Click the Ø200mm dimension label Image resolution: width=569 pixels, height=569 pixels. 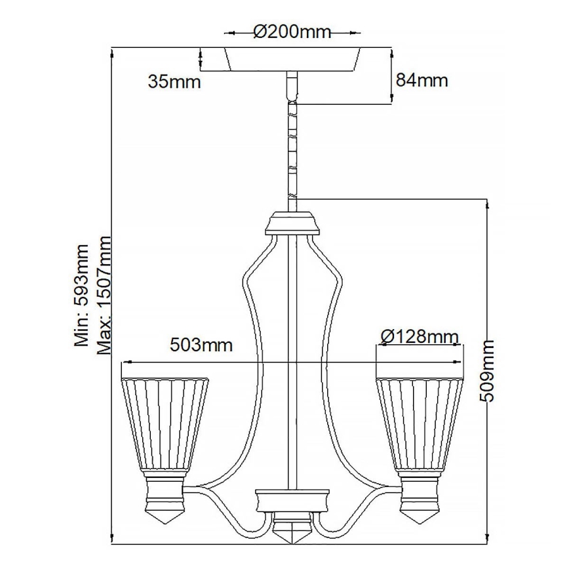(x=292, y=31)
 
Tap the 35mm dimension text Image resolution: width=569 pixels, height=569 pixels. (x=174, y=82)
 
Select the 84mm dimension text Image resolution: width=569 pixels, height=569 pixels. (x=422, y=81)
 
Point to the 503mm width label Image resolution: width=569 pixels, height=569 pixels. (x=201, y=345)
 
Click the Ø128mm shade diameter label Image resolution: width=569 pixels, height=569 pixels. (x=418, y=337)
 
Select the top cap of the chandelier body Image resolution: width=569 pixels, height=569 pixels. (x=292, y=224)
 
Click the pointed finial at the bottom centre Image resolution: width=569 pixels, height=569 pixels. (x=292, y=530)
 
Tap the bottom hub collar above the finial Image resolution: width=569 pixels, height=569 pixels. (x=292, y=501)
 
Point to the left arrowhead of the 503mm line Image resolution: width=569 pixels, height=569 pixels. (x=125, y=361)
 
